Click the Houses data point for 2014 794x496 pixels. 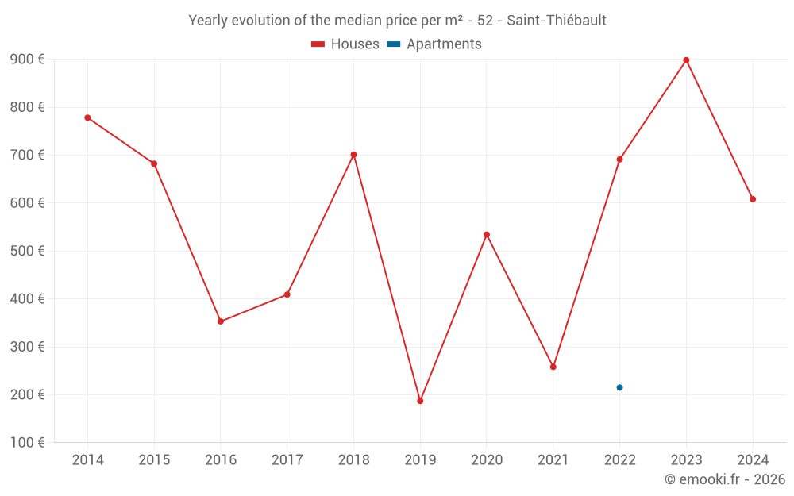pyautogui.click(x=87, y=117)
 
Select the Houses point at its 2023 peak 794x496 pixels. pyautogui.click(x=686, y=60)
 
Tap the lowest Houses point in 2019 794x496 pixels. pyautogui.click(x=420, y=401)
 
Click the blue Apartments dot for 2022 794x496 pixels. pyautogui.click(x=619, y=387)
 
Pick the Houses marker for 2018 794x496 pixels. pyautogui.click(x=353, y=155)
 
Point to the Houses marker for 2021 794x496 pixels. pyautogui.click(x=553, y=367)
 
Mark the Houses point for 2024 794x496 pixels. pyautogui.click(x=753, y=199)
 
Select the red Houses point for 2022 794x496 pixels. pyautogui.click(x=619, y=160)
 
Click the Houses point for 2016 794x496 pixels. pyautogui.click(x=221, y=321)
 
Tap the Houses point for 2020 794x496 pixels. pyautogui.click(x=487, y=235)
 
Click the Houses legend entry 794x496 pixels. pyautogui.click(x=345, y=44)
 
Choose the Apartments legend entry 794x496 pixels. pyautogui.click(x=434, y=44)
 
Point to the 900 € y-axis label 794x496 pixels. pyautogui.click(x=27, y=60)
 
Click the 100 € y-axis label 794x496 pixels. pyautogui.click(x=27, y=442)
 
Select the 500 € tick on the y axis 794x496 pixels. pyautogui.click(x=27, y=251)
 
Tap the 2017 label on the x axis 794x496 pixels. pyautogui.click(x=287, y=460)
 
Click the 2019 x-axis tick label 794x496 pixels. pyautogui.click(x=420, y=460)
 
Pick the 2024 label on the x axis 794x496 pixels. pyautogui.click(x=753, y=460)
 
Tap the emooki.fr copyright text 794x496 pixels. pyautogui.click(x=725, y=479)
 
